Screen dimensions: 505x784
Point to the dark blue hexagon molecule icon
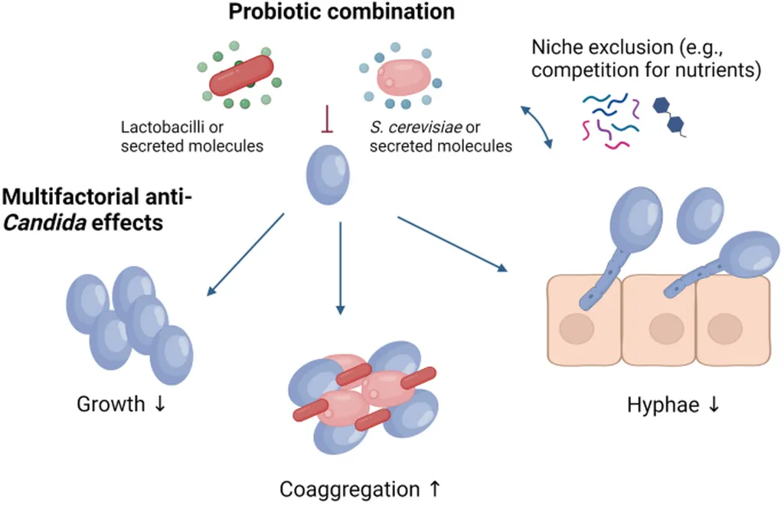[x=667, y=114]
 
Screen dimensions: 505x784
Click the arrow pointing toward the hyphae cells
[x=452, y=244]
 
